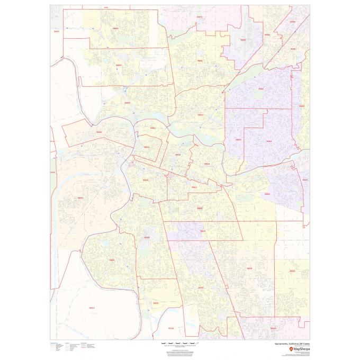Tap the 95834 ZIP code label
[119, 65]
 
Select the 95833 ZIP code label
[127, 103]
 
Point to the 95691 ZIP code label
[81, 198]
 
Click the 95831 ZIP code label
[112, 260]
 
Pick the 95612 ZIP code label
[92, 308]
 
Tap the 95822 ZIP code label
[147, 238]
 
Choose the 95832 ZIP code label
[156, 303]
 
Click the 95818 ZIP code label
[146, 180]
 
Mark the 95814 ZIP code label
[147, 147]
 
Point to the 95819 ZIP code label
[178, 155]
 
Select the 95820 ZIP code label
[199, 208]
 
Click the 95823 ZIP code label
[201, 287]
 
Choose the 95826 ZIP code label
[266, 194]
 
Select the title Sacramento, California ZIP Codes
[289, 344]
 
